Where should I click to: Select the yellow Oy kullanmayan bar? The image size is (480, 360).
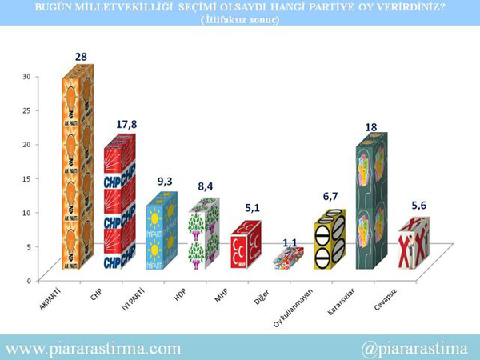click(x=329, y=241)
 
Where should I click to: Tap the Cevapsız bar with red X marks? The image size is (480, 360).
click(x=413, y=250)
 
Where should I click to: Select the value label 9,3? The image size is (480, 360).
click(x=165, y=182)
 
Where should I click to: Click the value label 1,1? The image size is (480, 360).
click(x=290, y=239)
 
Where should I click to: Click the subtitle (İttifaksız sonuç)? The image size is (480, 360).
click(x=240, y=20)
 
